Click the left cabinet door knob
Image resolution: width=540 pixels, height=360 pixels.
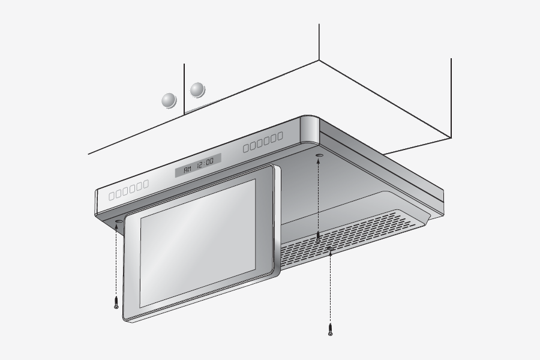[169, 101]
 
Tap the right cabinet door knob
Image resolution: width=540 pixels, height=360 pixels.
[197, 90]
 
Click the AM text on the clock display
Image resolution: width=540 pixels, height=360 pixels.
[188, 169]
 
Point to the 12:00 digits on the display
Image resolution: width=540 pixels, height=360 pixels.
[205, 163]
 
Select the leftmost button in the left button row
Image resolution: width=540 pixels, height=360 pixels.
[112, 197]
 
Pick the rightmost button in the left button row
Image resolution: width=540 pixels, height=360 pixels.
[146, 184]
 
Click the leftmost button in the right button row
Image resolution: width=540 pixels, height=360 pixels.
[246, 148]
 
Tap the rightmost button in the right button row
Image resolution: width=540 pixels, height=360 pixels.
[280, 136]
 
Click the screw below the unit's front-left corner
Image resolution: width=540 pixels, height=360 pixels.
[116, 302]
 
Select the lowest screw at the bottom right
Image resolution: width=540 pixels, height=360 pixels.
[330, 329]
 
